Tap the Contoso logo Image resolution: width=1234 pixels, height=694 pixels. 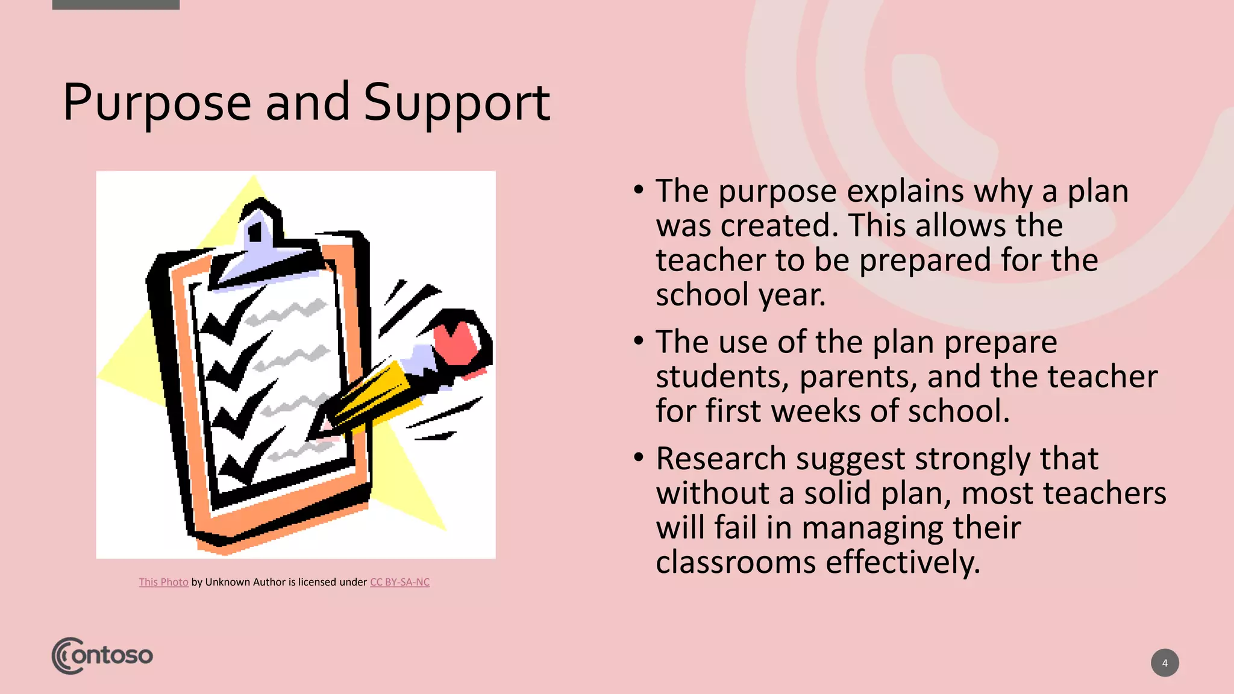[102, 655]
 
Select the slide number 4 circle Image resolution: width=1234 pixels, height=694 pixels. [1164, 663]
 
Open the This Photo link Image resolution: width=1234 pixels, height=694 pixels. [163, 582]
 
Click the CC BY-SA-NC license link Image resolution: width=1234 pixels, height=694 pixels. [399, 582]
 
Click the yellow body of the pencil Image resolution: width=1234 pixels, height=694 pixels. [374, 392]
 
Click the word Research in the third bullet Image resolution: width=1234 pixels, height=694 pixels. [721, 459]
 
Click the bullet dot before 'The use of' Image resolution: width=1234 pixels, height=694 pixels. [639, 341]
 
